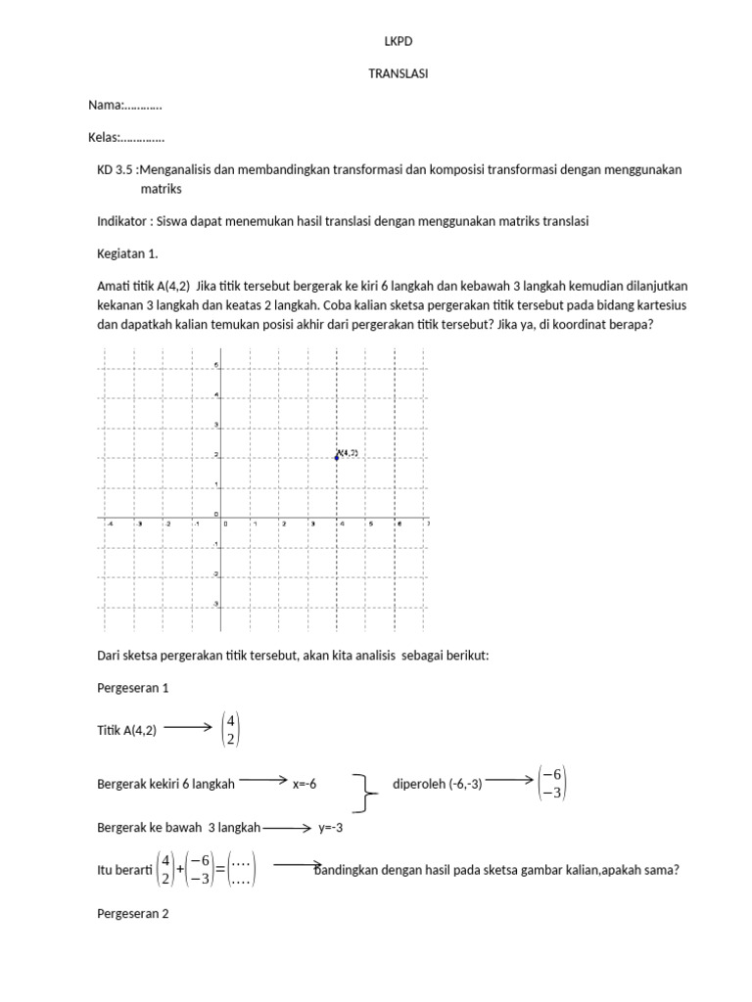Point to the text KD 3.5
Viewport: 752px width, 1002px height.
[x=117, y=169]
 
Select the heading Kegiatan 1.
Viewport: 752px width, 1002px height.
[x=127, y=253]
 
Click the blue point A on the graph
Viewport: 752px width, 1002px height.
[x=337, y=457]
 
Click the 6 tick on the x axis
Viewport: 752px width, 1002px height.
[x=399, y=524]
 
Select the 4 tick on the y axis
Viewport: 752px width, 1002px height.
[x=216, y=395]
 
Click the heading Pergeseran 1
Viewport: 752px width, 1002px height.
[x=133, y=688]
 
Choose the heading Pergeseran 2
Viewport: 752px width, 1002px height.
[x=133, y=914]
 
